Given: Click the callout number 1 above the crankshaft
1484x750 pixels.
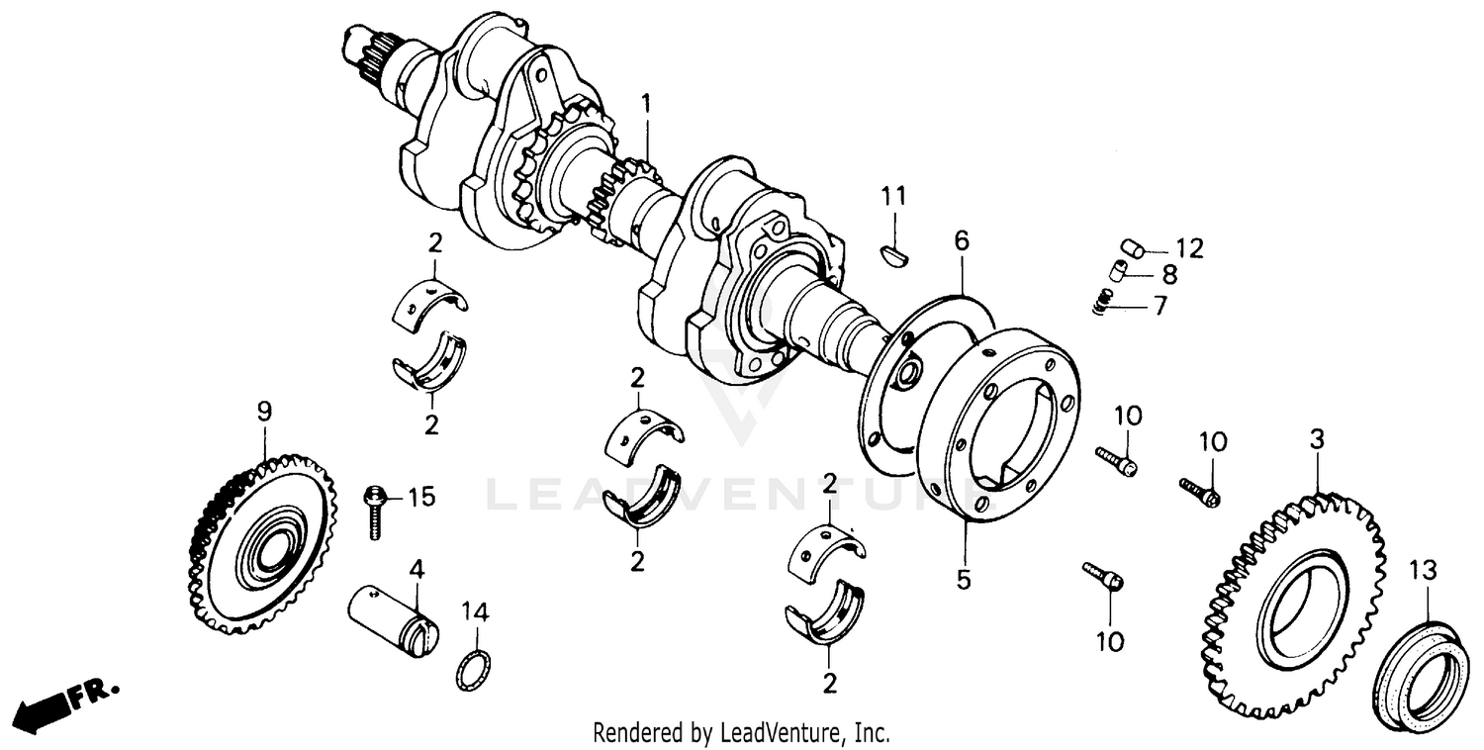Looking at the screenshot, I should coord(646,103).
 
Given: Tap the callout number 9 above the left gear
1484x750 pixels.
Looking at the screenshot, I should coord(264,412).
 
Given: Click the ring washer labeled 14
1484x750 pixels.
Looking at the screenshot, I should coord(475,672).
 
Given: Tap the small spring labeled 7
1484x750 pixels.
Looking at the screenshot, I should coord(1103,303).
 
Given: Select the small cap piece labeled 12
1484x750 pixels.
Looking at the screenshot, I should coord(1134,246).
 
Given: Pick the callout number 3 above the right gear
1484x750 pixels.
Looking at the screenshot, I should coord(1316,439).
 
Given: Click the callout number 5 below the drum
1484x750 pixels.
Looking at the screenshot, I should coord(964,579).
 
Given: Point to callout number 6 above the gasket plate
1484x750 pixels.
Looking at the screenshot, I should coord(962,240).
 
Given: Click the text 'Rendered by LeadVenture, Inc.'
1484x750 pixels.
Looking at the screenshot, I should coord(741,733).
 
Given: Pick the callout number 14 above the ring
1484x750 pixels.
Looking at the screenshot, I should coord(475,612).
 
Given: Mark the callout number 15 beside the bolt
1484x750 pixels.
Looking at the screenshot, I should coord(421,496).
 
